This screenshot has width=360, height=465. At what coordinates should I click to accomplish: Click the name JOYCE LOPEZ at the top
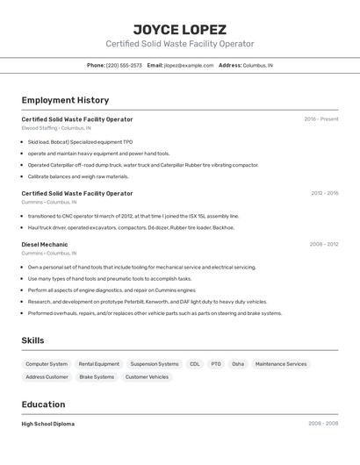click(x=179, y=29)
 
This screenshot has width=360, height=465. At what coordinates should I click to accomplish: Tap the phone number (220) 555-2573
click(x=124, y=65)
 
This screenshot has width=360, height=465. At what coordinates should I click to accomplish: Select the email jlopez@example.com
click(x=188, y=65)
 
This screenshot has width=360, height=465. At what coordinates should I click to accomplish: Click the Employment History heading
click(x=65, y=100)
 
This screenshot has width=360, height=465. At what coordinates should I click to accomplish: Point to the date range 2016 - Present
click(x=321, y=119)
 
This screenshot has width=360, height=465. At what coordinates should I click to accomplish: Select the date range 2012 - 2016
click(x=324, y=193)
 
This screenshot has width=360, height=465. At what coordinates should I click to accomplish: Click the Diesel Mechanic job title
click(x=44, y=245)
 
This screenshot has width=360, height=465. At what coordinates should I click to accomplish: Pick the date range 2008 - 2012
click(x=324, y=245)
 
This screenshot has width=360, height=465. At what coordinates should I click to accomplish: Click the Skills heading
click(x=32, y=340)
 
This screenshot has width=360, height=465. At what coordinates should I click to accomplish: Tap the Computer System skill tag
click(x=47, y=363)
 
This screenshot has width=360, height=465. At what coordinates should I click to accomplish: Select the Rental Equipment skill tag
click(x=98, y=363)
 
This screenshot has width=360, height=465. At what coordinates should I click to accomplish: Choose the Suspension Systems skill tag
click(x=155, y=363)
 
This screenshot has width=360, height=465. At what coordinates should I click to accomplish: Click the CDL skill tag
click(x=194, y=363)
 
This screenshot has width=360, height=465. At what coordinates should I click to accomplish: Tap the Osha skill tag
click(x=238, y=363)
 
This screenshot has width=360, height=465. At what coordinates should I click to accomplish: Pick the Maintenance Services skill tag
click(x=281, y=363)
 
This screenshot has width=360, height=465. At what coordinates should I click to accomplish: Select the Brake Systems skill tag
click(x=97, y=376)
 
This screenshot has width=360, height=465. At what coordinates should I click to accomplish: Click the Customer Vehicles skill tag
click(x=147, y=376)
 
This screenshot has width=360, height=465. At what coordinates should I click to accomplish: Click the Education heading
click(x=43, y=404)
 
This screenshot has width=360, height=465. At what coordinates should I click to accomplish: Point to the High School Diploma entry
click(x=47, y=424)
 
